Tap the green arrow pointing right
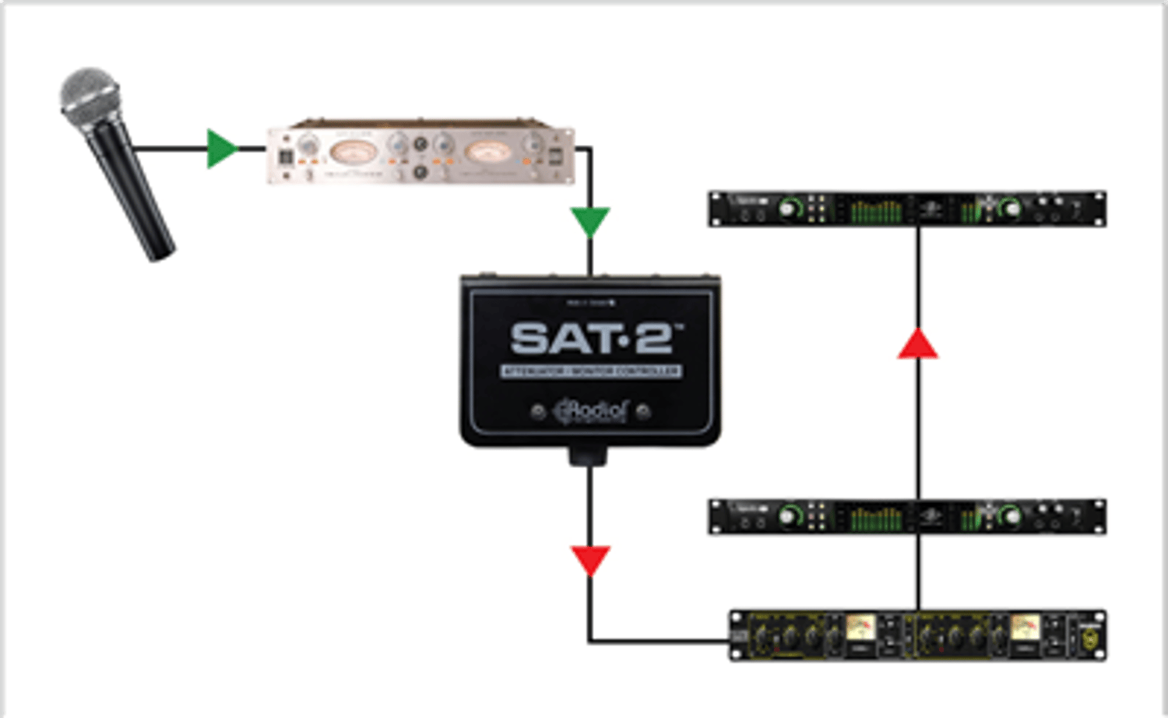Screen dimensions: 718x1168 [221, 149]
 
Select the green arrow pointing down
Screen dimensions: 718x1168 [590, 221]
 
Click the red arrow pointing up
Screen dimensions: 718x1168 [918, 345]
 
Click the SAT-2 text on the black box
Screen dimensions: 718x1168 [592, 339]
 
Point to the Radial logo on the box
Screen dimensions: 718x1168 [591, 410]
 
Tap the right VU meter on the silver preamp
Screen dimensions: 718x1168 [487, 151]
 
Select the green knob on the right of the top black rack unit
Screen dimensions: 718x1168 [1010, 208]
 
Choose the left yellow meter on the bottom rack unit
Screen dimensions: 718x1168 [860, 628]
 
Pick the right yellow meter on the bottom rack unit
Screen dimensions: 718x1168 [1025, 628]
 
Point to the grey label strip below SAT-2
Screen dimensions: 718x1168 [591, 371]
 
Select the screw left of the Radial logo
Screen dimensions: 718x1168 [537, 412]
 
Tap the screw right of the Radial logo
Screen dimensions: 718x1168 [643, 412]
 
